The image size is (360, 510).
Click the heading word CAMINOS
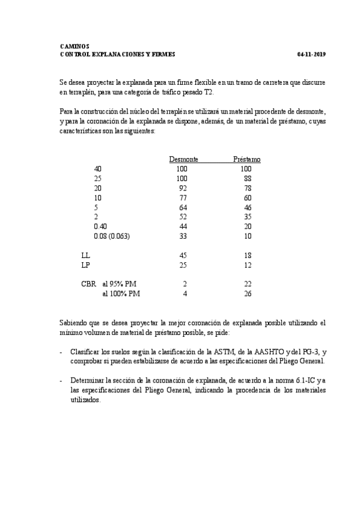click(x=75, y=46)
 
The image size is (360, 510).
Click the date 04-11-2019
click(x=311, y=54)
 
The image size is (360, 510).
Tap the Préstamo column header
click(x=246, y=159)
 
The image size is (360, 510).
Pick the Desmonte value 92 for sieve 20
click(x=183, y=188)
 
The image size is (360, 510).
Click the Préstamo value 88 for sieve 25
click(x=246, y=179)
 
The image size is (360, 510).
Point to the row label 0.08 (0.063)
click(x=112, y=236)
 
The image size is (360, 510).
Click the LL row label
click(x=85, y=256)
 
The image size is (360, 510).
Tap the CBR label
click(x=88, y=284)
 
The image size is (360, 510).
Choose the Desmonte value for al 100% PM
click(x=185, y=293)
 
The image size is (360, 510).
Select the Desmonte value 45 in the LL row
click(x=183, y=256)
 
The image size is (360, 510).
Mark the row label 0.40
click(x=101, y=227)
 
